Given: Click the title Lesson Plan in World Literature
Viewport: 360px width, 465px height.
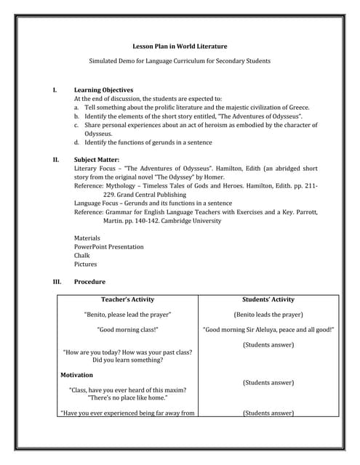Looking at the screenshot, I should click(x=180, y=46).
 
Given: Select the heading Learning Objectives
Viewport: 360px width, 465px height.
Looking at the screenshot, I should click(x=98, y=89).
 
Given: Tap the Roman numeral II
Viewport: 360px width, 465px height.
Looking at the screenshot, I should click(x=55, y=158).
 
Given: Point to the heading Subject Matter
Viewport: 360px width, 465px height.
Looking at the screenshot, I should click(x=97, y=158).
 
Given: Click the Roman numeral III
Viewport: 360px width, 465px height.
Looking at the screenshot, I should click(x=57, y=281).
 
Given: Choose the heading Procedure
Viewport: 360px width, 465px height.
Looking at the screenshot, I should click(x=89, y=281).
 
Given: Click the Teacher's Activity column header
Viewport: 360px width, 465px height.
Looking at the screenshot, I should click(x=127, y=299).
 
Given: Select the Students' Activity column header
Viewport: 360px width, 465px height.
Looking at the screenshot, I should click(x=268, y=299).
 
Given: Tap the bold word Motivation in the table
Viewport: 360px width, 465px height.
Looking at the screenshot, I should click(x=76, y=375).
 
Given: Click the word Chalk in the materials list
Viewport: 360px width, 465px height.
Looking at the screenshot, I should click(x=82, y=256).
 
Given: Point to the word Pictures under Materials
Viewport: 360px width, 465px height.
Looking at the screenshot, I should click(x=85, y=264).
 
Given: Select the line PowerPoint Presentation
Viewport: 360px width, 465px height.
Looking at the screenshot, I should click(x=109, y=247).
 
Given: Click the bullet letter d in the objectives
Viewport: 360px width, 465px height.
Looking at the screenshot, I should click(x=76, y=142).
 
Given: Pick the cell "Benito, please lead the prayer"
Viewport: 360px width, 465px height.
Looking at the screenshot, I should click(x=128, y=315).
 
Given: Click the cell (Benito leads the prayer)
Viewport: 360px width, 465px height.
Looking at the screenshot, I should click(x=268, y=315).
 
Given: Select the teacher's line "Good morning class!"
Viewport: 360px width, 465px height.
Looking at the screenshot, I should click(x=128, y=329).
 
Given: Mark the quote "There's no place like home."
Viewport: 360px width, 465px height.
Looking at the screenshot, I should click(x=127, y=398).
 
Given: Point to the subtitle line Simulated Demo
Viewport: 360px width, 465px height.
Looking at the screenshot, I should click(x=180, y=61).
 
